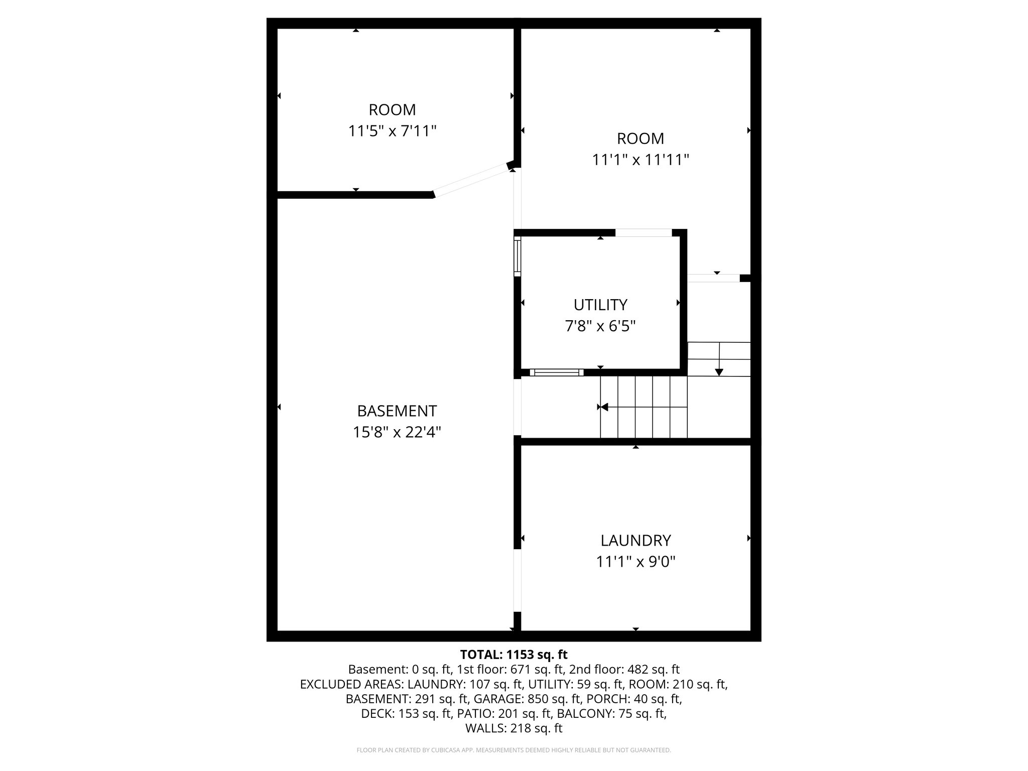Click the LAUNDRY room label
click(x=635, y=540)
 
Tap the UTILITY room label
click(x=600, y=305)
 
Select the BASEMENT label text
click(x=397, y=411)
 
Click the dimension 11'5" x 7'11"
click(x=392, y=131)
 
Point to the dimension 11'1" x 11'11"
click(x=640, y=160)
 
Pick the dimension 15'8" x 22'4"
click(x=397, y=432)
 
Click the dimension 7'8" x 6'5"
click(x=600, y=326)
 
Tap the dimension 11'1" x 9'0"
click(x=635, y=561)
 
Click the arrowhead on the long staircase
click(x=604, y=407)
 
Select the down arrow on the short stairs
click(x=719, y=371)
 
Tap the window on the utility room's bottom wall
click(x=557, y=372)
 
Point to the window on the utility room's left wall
click(x=518, y=257)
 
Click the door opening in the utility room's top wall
click(x=644, y=232)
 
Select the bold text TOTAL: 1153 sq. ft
click(x=513, y=655)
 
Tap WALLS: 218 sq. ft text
click(x=513, y=728)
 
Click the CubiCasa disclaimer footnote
click(x=513, y=750)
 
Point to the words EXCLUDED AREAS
click(x=351, y=684)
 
